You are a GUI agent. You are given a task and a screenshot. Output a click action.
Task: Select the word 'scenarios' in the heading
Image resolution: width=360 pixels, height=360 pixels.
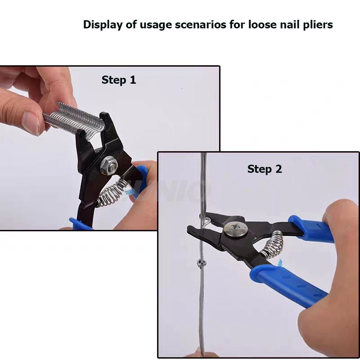click(200, 25)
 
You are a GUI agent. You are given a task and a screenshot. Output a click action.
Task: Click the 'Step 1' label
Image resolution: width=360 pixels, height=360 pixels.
click(119, 80)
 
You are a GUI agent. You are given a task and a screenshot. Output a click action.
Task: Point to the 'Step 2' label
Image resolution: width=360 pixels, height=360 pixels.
click(265, 169)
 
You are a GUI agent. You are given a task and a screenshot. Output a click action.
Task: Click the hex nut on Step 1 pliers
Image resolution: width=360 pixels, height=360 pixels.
click(109, 165)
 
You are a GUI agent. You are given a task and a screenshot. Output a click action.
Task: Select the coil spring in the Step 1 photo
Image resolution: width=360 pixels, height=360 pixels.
click(112, 192)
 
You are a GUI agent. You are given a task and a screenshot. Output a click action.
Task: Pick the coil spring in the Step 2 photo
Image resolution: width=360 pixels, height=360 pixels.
click(273, 244)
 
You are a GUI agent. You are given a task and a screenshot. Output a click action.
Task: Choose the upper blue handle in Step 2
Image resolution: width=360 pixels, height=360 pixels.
click(311, 229)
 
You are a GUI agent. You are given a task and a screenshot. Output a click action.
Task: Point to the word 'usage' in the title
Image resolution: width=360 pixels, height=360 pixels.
click(156, 25)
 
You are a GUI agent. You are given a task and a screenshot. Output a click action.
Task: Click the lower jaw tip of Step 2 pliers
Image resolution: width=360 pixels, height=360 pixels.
click(190, 230)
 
